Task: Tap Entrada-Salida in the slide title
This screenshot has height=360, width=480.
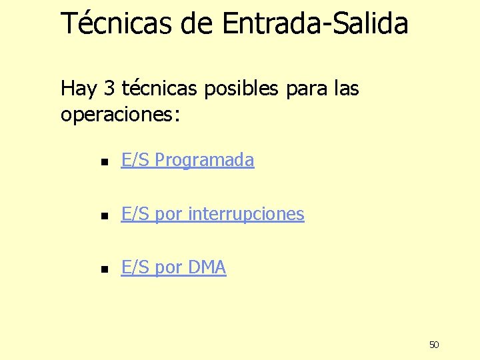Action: [x=315, y=23]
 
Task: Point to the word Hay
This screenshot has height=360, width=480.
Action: [x=78, y=88]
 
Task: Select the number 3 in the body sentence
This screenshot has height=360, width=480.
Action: [x=109, y=88]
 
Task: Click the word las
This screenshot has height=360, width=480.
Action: [x=344, y=88]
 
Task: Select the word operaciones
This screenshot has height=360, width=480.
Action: [x=117, y=115]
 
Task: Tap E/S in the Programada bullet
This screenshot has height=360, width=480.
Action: [x=135, y=160]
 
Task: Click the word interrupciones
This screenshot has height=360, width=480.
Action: [x=247, y=215]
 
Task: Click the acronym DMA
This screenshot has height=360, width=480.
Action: [x=207, y=268]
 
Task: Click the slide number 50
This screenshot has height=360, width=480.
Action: [x=434, y=345]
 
